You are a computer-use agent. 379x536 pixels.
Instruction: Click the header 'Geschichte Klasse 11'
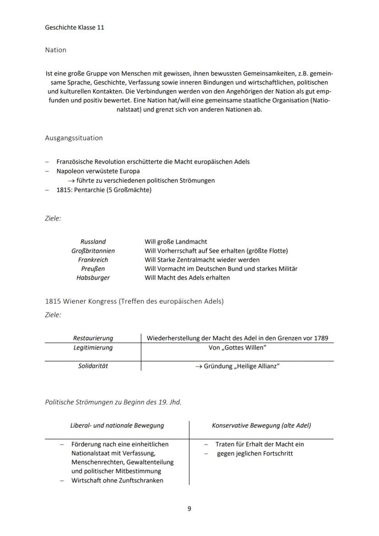click(x=75, y=27)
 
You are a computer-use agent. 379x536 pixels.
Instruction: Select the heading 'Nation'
click(x=55, y=50)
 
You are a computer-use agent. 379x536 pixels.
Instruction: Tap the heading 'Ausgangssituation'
click(x=74, y=138)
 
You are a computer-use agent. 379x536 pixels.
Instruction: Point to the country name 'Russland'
click(x=93, y=242)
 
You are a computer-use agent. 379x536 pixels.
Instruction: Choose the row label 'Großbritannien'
click(x=93, y=251)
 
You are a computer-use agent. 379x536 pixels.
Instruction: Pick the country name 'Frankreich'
click(x=93, y=260)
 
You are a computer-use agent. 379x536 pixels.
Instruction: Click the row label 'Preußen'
click(x=93, y=269)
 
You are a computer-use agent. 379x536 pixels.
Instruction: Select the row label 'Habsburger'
click(x=93, y=277)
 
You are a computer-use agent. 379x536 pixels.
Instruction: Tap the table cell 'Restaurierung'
click(x=93, y=338)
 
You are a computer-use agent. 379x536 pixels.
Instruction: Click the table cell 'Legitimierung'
click(x=93, y=347)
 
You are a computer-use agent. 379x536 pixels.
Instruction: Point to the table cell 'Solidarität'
click(x=93, y=366)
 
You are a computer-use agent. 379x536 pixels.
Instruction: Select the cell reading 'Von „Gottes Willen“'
click(x=237, y=347)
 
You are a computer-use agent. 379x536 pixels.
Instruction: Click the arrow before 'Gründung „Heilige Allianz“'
click(x=199, y=367)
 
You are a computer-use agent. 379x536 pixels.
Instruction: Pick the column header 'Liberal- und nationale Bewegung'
click(x=117, y=425)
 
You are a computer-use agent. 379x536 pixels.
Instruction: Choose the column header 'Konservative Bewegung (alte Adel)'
click(x=261, y=425)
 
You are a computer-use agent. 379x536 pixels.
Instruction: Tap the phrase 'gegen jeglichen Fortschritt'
click(x=255, y=454)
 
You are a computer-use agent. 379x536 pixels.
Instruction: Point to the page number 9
click(x=189, y=509)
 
